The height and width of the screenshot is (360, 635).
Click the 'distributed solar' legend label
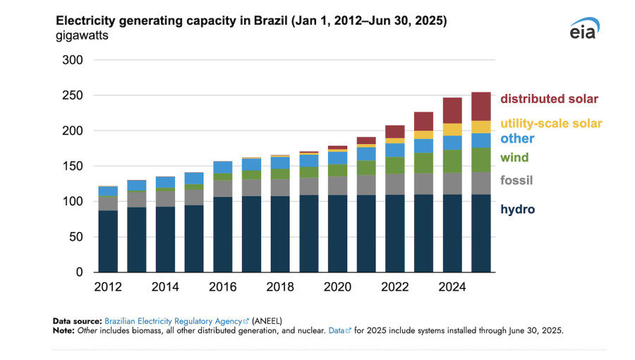(550, 99)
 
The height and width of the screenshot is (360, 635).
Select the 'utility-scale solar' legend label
(551, 124)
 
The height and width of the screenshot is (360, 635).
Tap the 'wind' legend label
(514, 157)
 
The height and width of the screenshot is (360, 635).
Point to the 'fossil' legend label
(516, 181)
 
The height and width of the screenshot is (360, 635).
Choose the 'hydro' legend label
(517, 209)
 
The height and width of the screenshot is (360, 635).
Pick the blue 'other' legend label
(517, 138)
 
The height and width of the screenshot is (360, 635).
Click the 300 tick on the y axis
(73, 61)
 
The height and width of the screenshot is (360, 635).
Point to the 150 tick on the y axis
(73, 167)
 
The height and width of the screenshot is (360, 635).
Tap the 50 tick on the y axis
(77, 237)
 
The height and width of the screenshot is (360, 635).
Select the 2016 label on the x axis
(222, 287)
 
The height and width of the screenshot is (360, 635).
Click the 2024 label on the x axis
(452, 287)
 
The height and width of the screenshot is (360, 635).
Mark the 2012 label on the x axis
(108, 287)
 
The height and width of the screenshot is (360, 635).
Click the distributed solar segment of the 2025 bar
(481, 106)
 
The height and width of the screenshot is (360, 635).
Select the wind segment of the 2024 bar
(452, 161)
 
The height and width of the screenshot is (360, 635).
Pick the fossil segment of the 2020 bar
(337, 186)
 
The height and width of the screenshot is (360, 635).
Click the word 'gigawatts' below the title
(81, 36)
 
